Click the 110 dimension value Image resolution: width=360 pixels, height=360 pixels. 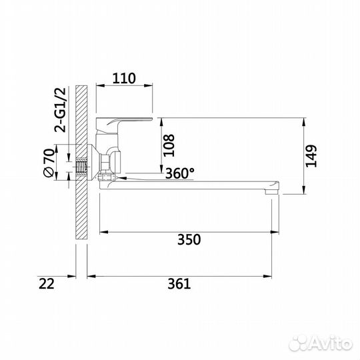[x=124, y=77]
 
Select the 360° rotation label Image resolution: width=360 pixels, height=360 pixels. [x=180, y=173]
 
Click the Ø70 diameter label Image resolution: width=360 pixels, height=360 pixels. [x=49, y=163]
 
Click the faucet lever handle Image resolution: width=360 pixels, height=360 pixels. [x=127, y=123]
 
